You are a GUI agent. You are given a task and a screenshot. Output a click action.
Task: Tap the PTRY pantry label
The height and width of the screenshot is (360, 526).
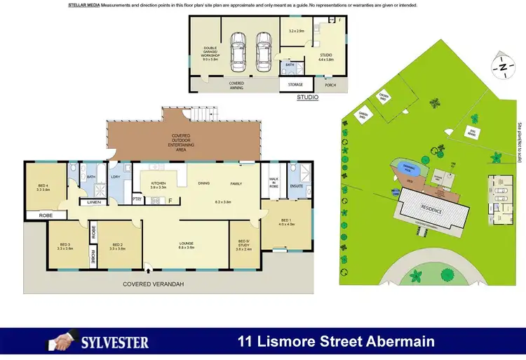click(137, 199)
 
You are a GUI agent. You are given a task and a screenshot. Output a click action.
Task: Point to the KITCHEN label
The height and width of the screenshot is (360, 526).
click(159, 185)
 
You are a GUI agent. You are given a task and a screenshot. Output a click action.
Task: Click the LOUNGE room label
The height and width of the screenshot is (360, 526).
click(187, 245)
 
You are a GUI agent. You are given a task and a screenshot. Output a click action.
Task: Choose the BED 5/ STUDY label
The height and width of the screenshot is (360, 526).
click(244, 246)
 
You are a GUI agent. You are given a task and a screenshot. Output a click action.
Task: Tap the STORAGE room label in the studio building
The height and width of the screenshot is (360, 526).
click(295, 85)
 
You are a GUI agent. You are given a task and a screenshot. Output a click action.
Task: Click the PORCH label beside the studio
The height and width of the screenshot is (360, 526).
click(330, 85)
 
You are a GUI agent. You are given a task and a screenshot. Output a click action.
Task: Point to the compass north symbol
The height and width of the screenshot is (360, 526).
click(502, 67)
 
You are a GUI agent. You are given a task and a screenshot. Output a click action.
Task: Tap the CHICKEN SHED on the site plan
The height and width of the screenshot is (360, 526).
click(385, 97)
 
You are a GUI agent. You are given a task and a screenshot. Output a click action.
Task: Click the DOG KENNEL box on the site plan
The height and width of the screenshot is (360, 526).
click(473, 131)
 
